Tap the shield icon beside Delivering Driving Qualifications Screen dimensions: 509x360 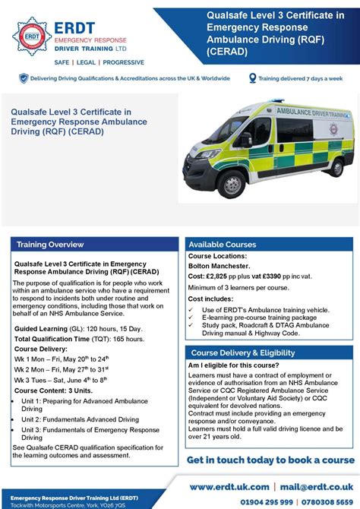tap(24, 78)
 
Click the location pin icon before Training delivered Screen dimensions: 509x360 tap(252, 78)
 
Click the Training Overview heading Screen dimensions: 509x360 tap(50, 245)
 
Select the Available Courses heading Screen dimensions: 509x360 tap(223, 245)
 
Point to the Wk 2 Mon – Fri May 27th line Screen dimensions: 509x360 tap(62, 368)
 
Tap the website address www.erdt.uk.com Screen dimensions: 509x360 tap(229, 486)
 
